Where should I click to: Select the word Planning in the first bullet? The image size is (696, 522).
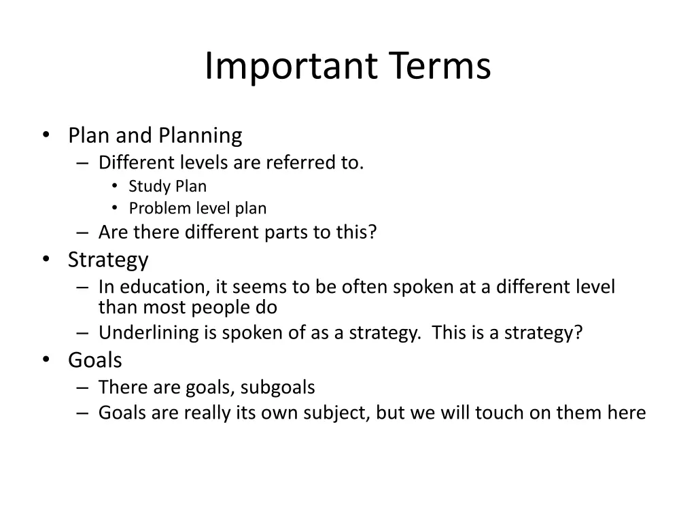(201, 135)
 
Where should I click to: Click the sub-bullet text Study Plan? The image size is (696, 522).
(167, 186)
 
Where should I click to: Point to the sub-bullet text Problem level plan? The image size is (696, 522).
(198, 208)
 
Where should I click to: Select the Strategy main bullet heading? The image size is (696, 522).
(108, 260)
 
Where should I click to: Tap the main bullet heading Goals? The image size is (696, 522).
(95, 360)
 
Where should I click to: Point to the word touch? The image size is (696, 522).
(501, 413)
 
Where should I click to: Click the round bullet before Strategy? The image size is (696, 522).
(46, 260)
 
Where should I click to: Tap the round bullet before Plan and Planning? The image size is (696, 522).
(46, 135)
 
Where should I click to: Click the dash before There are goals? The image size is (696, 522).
(82, 387)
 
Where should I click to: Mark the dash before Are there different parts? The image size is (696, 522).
(82, 232)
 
